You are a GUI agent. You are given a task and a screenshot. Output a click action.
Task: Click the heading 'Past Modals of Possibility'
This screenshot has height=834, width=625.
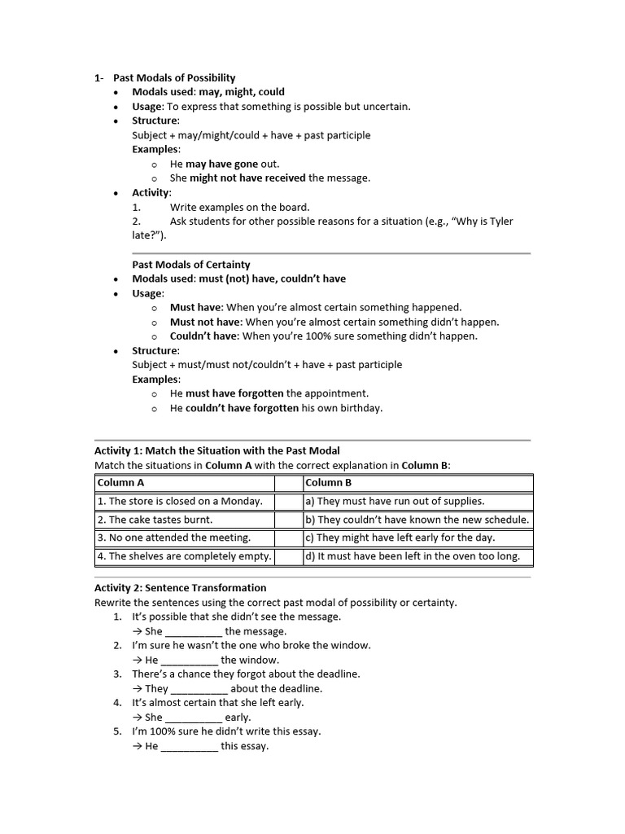click(174, 77)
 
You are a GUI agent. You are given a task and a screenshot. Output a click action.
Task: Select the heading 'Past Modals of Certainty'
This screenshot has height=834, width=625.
click(191, 265)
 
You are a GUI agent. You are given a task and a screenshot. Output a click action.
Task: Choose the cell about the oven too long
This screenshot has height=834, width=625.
click(417, 557)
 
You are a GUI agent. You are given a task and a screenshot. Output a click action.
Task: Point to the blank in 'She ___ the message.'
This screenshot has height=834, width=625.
click(194, 631)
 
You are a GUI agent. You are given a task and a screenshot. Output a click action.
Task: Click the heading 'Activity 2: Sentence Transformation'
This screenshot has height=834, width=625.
click(180, 588)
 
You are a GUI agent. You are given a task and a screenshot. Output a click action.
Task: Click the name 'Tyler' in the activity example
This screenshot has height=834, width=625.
click(500, 222)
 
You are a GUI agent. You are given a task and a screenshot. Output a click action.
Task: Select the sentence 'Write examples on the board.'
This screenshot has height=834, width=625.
click(239, 207)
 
